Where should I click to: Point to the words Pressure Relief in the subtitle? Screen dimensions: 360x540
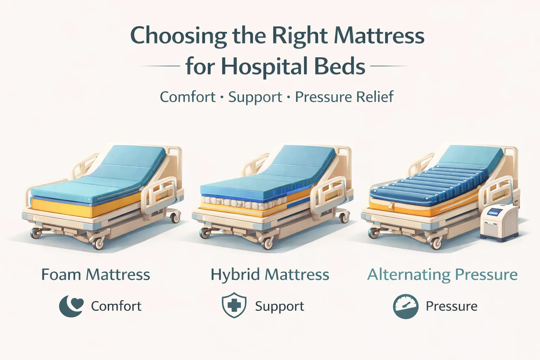pyautogui.click(x=344, y=97)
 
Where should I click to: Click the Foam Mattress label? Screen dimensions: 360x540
pyautogui.click(x=96, y=275)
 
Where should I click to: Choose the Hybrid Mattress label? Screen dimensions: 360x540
pyautogui.click(x=270, y=275)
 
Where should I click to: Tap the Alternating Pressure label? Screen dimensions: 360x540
pyautogui.click(x=442, y=275)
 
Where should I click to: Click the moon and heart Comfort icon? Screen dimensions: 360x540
pyautogui.click(x=71, y=306)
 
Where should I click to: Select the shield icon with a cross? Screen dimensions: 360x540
pyautogui.click(x=233, y=306)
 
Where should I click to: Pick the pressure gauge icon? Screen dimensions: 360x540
pyautogui.click(x=405, y=306)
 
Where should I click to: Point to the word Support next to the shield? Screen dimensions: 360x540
pyautogui.click(x=279, y=306)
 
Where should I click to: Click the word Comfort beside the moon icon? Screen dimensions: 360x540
pyautogui.click(x=116, y=306)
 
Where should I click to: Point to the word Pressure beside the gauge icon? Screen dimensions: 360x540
pyautogui.click(x=451, y=306)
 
